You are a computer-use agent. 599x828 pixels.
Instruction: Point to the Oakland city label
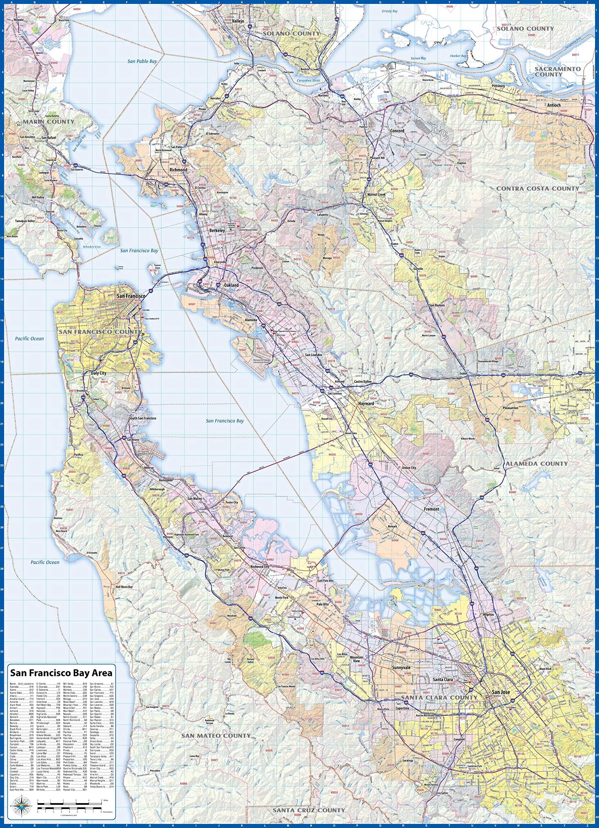coord(231,285)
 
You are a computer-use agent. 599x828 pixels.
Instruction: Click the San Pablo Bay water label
coord(142,62)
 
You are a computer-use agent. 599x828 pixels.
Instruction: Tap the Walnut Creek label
coord(376,195)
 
